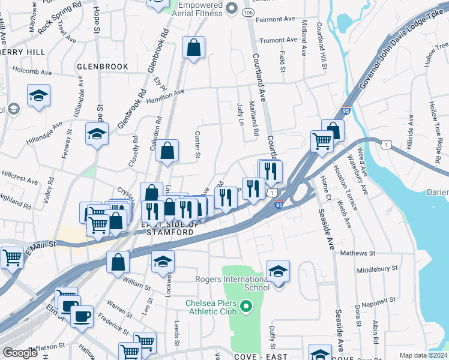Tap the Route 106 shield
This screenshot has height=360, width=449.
[x=247, y=12]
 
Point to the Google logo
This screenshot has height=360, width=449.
[x=20, y=353]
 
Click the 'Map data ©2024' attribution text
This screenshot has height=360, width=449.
[x=423, y=355]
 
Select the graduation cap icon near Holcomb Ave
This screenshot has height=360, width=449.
[x=39, y=95]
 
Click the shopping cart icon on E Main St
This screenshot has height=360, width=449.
[x=12, y=257]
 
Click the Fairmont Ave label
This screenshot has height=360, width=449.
[x=275, y=19]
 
